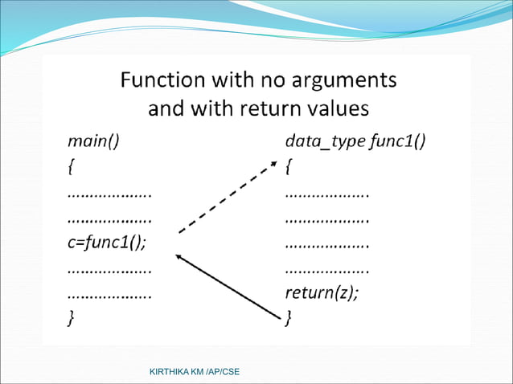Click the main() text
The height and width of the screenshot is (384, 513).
(92, 142)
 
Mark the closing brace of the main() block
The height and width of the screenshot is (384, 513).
(71, 318)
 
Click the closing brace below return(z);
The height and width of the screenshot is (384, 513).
(289, 318)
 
